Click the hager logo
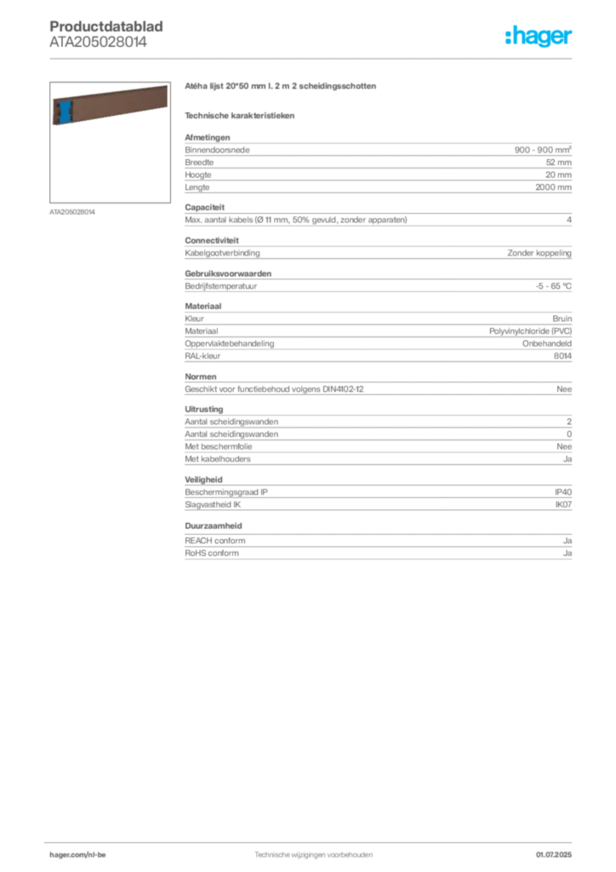pyautogui.click(x=539, y=36)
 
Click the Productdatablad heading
pyautogui.click(x=106, y=26)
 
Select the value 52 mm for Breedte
pyautogui.click(x=559, y=163)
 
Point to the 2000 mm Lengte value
pyautogui.click(x=553, y=187)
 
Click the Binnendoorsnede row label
pyautogui.click(x=217, y=150)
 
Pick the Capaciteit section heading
pyautogui.click(x=204, y=208)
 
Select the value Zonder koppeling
pyautogui.click(x=539, y=253)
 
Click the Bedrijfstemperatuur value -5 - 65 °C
pyautogui.click(x=553, y=286)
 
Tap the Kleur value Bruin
pyautogui.click(x=562, y=318)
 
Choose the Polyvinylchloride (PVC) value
pyautogui.click(x=530, y=331)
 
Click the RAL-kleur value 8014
pyautogui.click(x=562, y=356)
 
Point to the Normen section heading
pyautogui.click(x=201, y=376)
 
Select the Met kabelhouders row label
pyautogui.click(x=218, y=459)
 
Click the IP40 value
pyautogui.click(x=563, y=492)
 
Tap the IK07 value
pyautogui.click(x=563, y=505)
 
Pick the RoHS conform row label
pyautogui.click(x=212, y=554)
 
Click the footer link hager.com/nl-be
pyautogui.click(x=77, y=855)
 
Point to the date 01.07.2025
pyautogui.click(x=554, y=855)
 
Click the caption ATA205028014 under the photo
pyautogui.click(x=72, y=212)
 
